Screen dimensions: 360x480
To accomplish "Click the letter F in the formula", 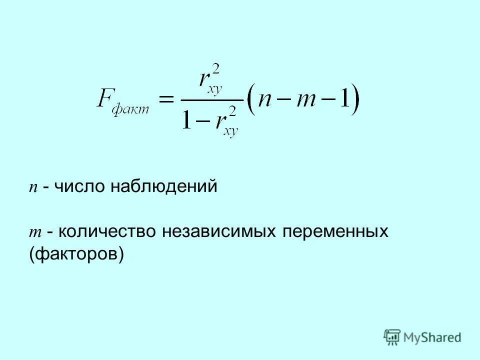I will tap(106, 97).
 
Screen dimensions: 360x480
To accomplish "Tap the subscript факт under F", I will tap(130, 109).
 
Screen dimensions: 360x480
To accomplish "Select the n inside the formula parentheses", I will tap(266, 100).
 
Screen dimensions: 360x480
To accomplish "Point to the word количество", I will tap(108, 231).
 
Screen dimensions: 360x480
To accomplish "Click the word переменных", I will tap(336, 231).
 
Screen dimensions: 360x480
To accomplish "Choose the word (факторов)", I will tap(76, 254).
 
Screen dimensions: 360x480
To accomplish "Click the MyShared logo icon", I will tap(392, 337).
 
